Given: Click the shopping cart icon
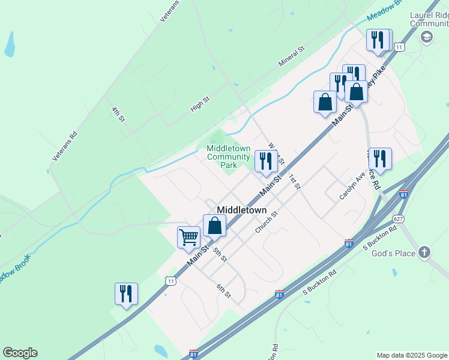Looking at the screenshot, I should (x=188, y=237).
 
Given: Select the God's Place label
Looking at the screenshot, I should (x=393, y=253).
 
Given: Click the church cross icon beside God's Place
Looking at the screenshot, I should (x=424, y=252).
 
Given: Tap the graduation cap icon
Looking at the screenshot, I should (x=427, y=37).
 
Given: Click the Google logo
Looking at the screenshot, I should (x=20, y=353).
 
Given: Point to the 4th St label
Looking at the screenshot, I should (x=118, y=115).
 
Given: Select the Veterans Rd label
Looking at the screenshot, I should (x=65, y=146).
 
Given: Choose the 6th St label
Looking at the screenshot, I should (x=224, y=290).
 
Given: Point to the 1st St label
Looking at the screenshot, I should (x=294, y=181).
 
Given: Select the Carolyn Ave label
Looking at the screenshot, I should (x=352, y=185).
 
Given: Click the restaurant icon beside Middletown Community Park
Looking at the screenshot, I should (x=266, y=160).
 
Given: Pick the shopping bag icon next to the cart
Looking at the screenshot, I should (x=214, y=226).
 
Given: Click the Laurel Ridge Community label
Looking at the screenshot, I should (x=429, y=19).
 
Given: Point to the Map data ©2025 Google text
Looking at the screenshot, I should (x=412, y=355).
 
